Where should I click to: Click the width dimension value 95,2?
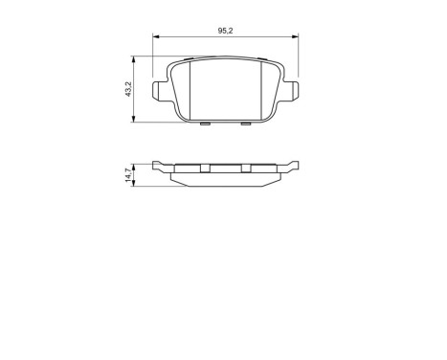click(225, 31)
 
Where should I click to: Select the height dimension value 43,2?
click(128, 89)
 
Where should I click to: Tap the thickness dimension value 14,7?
click(128, 174)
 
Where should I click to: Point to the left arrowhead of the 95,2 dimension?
click(156, 37)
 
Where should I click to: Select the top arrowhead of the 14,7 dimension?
click(135, 166)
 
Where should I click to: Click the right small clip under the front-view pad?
click(245, 123)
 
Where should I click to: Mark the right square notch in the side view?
click(245, 168)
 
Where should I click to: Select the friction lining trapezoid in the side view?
click(225, 177)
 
